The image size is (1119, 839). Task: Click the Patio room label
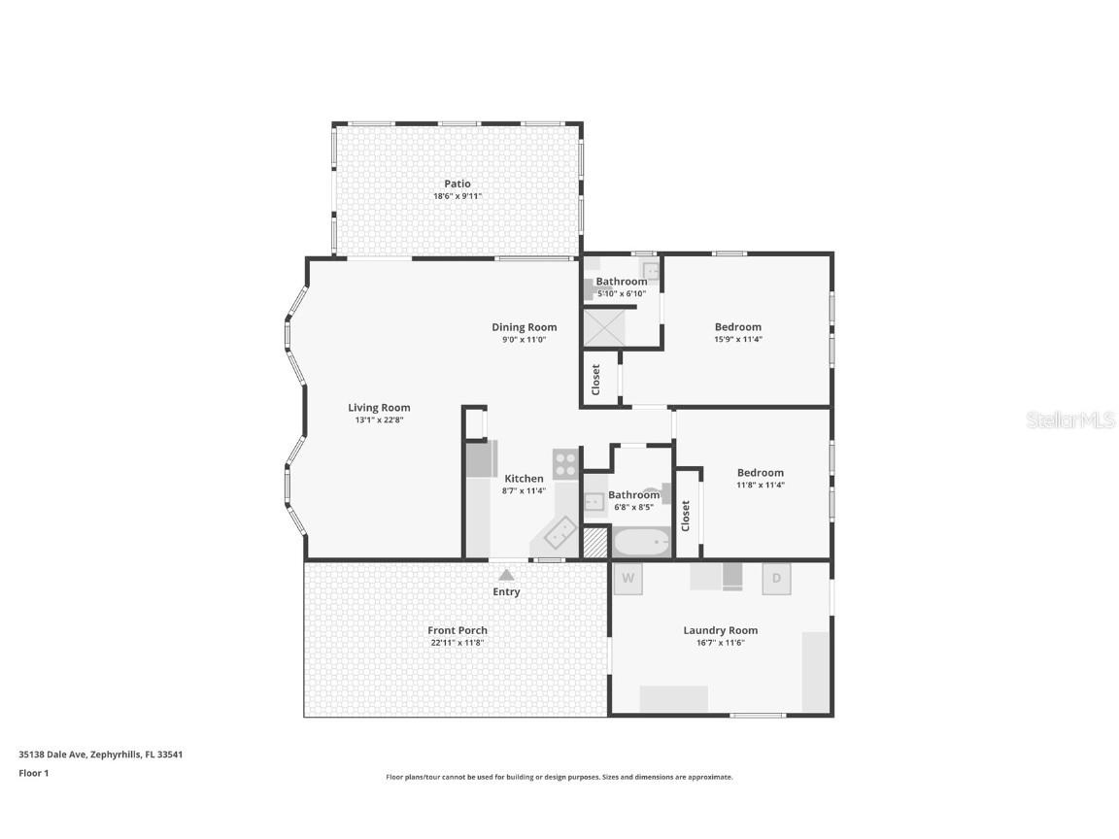pos(458,184)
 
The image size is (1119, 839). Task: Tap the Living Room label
pos(379,408)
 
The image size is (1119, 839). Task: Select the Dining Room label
pos(524,327)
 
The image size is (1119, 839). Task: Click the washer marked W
pos(628,579)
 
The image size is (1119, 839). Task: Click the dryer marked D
pos(776,579)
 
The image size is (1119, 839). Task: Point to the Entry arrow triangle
pos(506,575)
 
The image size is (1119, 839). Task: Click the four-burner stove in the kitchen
pos(565,463)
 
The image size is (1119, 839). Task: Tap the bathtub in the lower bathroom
pos(641,542)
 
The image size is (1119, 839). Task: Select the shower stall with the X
pos(603,328)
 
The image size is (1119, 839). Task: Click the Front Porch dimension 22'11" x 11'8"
pos(458,643)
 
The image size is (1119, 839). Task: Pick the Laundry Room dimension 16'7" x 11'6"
pos(720,643)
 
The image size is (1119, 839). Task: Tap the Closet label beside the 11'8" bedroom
pos(686,515)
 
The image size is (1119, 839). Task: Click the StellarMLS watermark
pos(1069,420)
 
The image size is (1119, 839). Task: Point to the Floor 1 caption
pos(33,773)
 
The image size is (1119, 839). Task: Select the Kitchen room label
pos(524,479)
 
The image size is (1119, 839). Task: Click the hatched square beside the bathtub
pos(594,542)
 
